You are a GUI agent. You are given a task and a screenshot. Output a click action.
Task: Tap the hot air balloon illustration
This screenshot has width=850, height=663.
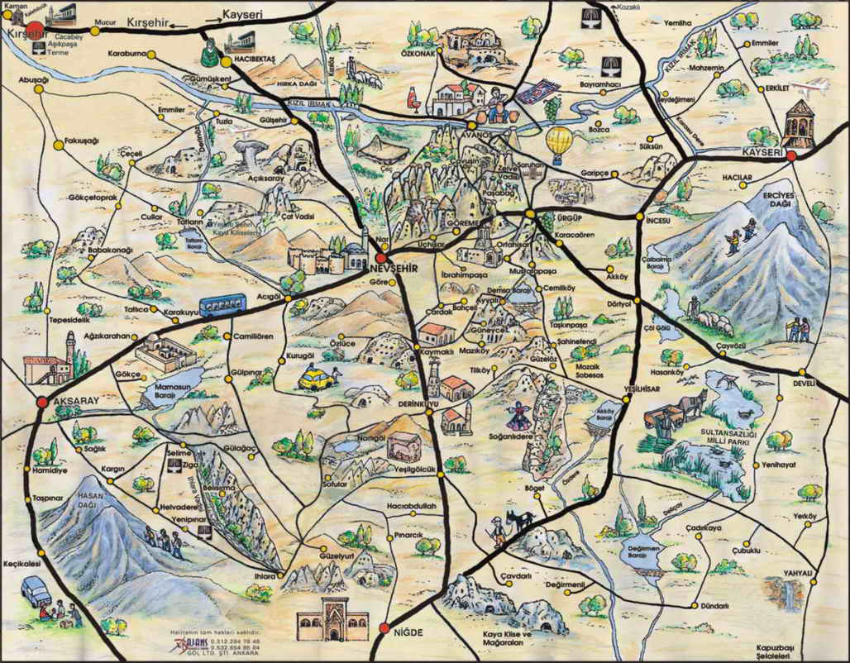(x=560, y=141)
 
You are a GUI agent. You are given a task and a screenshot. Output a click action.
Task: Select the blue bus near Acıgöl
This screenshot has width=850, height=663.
(x=222, y=306)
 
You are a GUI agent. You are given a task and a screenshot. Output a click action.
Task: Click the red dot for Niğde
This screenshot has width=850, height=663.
(x=383, y=629)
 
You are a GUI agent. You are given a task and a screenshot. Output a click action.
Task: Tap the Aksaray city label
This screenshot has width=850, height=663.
(x=75, y=400)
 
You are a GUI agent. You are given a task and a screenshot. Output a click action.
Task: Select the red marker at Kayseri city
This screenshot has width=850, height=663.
(x=791, y=155)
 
